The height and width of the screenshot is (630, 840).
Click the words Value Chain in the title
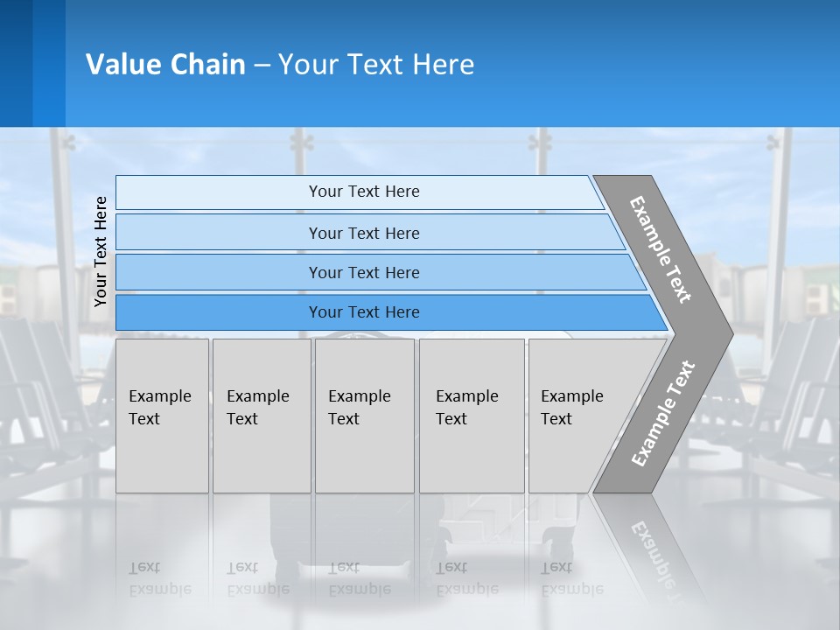tap(165, 64)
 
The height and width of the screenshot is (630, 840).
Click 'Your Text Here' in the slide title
tap(376, 64)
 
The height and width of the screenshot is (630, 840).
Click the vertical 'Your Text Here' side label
tap(101, 251)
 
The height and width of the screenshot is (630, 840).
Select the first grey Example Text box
tap(162, 416)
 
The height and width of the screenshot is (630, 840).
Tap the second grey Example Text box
tap(261, 416)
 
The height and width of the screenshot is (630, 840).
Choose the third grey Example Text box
tap(364, 416)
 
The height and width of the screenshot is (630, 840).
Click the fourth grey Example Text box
tap(472, 416)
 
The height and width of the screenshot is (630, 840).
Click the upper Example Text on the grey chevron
tap(661, 249)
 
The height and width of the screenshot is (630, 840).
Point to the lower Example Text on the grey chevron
tap(662, 413)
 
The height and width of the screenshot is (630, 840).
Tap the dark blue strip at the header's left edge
tap(16, 63)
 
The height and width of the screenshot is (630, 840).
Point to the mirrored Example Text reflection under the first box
tap(159, 578)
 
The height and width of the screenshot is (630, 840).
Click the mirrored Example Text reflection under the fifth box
tap(571, 578)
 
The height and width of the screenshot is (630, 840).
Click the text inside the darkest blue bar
tap(364, 312)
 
